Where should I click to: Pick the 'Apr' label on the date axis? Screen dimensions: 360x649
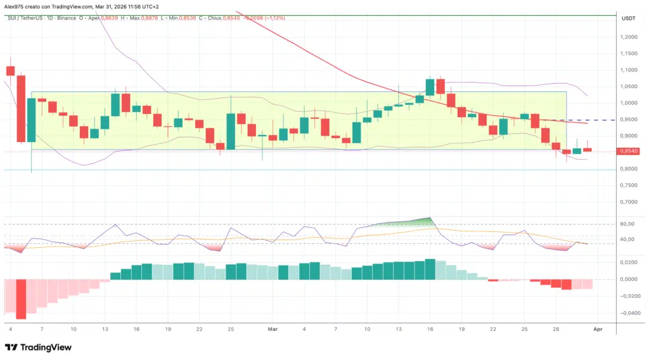tap(598, 330)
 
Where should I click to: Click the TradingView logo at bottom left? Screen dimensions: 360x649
tap(38, 347)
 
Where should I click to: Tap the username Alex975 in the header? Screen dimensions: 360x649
tap(15, 6)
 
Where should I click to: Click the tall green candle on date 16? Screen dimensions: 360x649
tap(430, 87)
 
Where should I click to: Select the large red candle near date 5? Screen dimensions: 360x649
tap(21, 108)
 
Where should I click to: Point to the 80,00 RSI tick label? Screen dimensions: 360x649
tap(627, 224)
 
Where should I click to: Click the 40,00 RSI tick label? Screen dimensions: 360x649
tap(627, 240)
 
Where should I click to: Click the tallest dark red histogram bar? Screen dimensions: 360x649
tap(21, 299)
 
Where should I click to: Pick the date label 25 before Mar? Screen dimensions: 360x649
tap(231, 330)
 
